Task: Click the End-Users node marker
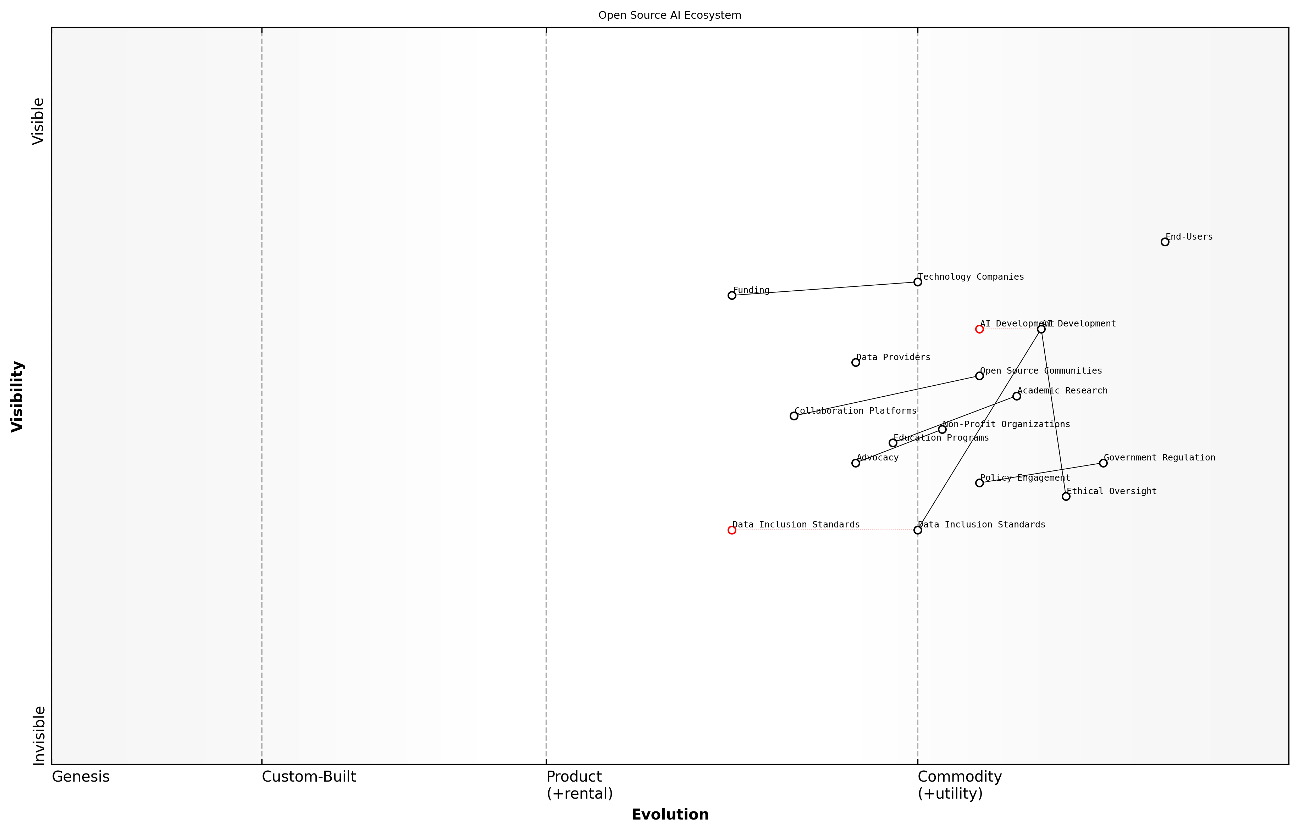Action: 1165,242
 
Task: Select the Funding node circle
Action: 732,295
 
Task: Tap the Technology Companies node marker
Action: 917,282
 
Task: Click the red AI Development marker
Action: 979,329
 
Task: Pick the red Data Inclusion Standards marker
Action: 732,530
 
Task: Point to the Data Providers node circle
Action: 856,362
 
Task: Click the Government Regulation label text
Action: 1159,458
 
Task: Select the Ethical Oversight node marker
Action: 1066,496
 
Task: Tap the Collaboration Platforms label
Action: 855,410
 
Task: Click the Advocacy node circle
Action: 856,463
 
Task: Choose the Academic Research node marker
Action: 1017,396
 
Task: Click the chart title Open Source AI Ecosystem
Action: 669,15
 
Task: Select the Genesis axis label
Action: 81,777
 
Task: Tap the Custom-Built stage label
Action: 309,777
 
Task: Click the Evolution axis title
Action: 669,815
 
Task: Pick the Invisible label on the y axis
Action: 39,735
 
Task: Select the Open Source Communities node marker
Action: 979,375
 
